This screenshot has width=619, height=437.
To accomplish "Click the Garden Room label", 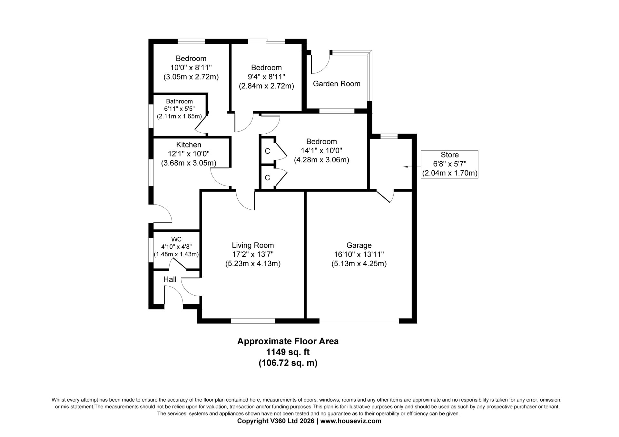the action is (x=337, y=84).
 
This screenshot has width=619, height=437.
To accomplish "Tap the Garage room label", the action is (x=359, y=245).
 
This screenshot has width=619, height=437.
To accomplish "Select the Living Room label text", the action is (x=253, y=245).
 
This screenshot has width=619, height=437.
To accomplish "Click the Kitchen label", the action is (x=189, y=145).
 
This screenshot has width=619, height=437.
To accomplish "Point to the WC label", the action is (x=176, y=239).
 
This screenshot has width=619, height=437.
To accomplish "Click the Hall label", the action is (x=170, y=279).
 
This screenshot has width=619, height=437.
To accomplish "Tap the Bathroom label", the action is (x=179, y=101).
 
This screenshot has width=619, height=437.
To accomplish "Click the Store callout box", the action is (x=449, y=164).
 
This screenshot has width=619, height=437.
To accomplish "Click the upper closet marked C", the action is (x=267, y=151).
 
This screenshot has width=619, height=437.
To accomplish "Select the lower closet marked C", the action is (x=267, y=177).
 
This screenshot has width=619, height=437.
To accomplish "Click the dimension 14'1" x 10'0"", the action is (x=321, y=150).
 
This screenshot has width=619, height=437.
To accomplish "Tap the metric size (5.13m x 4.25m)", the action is (x=359, y=263).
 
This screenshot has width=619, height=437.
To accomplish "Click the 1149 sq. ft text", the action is (x=288, y=352).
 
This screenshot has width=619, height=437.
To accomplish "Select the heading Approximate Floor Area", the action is (x=288, y=341).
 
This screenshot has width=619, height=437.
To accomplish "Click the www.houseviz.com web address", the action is (x=351, y=421).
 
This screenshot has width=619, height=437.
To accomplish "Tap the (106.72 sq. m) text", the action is (x=288, y=363).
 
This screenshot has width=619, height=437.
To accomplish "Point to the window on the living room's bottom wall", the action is (x=253, y=321).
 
